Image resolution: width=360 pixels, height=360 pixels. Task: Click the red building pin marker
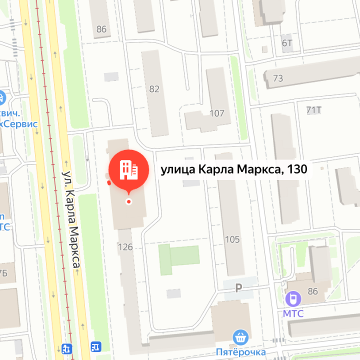[x=129, y=170]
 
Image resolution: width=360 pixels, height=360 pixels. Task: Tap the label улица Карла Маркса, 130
[x=233, y=170]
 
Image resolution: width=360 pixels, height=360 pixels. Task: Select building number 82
[x=154, y=89]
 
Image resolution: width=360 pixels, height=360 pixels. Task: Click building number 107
[x=217, y=113]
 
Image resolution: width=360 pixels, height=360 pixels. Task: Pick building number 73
[x=278, y=78]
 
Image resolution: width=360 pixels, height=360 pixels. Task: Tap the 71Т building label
[x=313, y=110]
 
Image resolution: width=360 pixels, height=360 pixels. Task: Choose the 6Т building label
[x=287, y=43]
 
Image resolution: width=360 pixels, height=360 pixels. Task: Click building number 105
[x=232, y=239]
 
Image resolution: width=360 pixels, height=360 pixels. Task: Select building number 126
[x=125, y=246]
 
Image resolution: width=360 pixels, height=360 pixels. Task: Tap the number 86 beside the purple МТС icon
[x=313, y=291]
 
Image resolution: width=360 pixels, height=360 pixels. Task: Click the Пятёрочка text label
[x=241, y=352]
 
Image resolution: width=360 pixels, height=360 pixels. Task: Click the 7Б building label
[x=3, y=272]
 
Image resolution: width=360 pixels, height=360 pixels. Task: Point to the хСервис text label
[x=18, y=124]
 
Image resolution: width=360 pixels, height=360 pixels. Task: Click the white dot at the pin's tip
[x=129, y=201]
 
